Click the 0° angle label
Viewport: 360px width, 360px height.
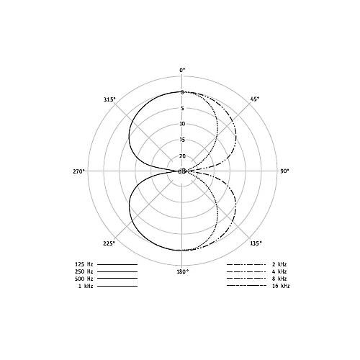coord(182,70)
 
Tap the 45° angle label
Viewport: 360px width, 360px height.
coord(255,99)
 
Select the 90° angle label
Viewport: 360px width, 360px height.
coord(284,171)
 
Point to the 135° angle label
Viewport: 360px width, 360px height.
coord(256,243)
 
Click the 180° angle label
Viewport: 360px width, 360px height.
coord(183,271)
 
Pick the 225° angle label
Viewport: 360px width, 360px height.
coord(109,243)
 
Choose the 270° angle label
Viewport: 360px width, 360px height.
coord(79,171)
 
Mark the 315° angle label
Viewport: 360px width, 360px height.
coord(109,99)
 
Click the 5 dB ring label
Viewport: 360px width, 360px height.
coord(182,108)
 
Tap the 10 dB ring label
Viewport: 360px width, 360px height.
coord(182,124)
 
